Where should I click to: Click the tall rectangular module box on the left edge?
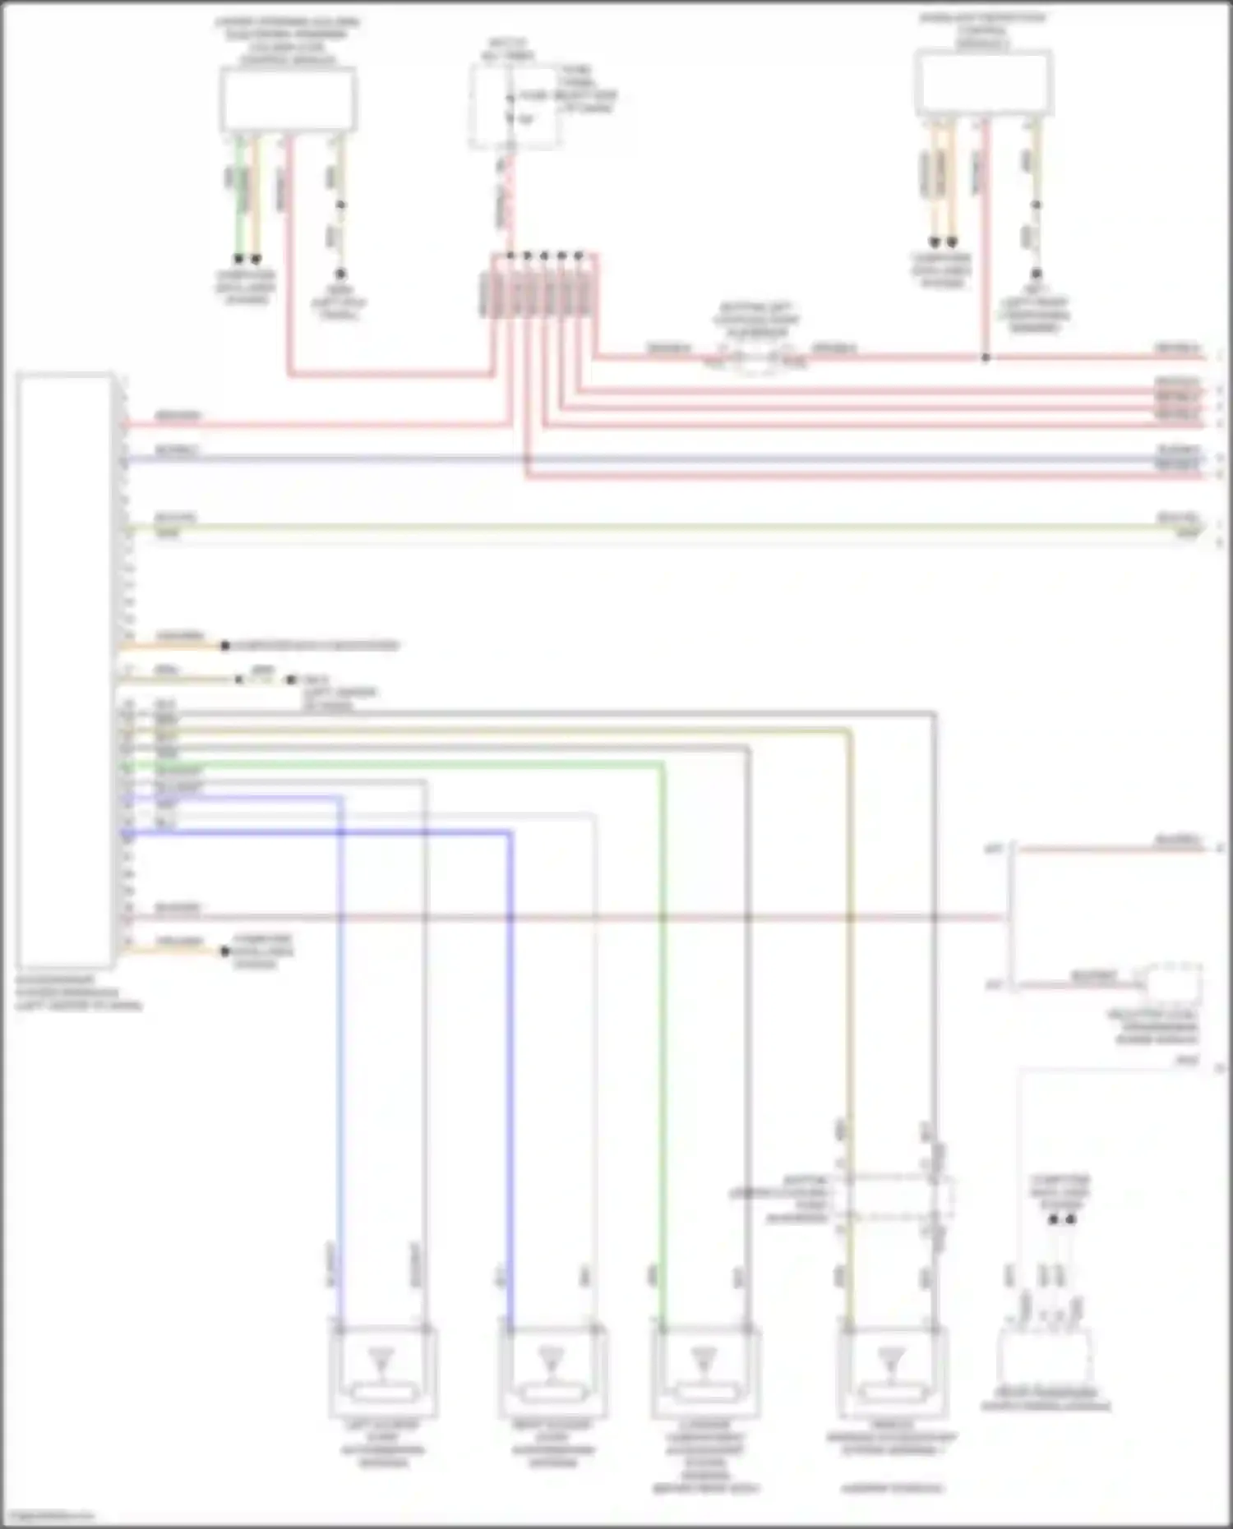(x=64, y=670)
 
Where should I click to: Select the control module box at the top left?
(x=288, y=99)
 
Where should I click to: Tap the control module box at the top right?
(x=984, y=82)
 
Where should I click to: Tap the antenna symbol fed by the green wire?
(x=704, y=1360)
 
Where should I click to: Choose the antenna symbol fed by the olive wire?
(x=891, y=1360)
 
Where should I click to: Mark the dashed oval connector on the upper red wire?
(x=756, y=359)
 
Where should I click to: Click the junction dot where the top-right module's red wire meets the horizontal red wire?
(x=985, y=357)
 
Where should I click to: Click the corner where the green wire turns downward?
(x=663, y=764)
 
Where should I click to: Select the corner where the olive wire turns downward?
(x=850, y=730)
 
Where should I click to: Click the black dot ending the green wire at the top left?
(x=239, y=258)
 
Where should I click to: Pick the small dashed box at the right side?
(x=1173, y=982)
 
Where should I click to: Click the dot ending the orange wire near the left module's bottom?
(x=224, y=951)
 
